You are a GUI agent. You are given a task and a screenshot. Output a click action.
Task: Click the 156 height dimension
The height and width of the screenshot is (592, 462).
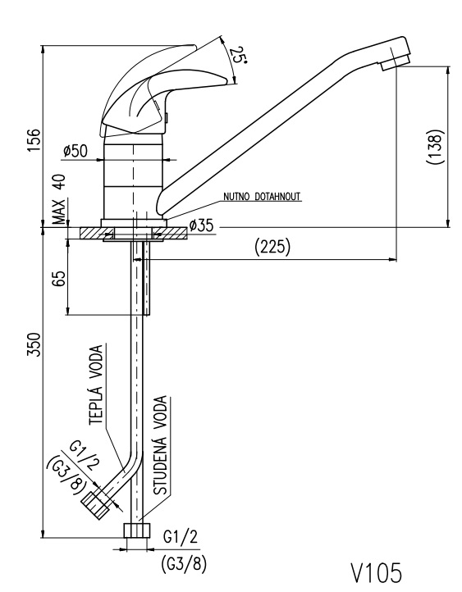[x=34, y=140]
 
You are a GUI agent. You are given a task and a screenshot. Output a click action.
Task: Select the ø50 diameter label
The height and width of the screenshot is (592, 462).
[x=75, y=151]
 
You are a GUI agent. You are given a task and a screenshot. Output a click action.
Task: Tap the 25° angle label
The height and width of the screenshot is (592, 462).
[x=239, y=55]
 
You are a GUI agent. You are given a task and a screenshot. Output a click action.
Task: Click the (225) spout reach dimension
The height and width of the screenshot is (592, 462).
[x=272, y=247]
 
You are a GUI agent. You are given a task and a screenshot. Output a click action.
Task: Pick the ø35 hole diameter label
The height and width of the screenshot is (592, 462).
[x=201, y=225]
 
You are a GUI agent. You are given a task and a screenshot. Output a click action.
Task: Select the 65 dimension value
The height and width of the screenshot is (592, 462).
[x=59, y=278]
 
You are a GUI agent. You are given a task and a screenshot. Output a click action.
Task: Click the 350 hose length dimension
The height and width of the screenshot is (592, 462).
[x=34, y=344]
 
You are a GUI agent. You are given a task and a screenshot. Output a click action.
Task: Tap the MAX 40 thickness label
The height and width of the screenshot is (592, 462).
[x=58, y=199]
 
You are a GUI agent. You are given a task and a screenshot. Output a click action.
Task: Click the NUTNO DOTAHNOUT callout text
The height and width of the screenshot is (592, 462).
[x=262, y=196]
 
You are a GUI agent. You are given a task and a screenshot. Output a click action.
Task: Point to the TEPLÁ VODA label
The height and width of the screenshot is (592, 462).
[x=96, y=385]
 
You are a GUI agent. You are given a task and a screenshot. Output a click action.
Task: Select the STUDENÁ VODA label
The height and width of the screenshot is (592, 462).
[x=160, y=445]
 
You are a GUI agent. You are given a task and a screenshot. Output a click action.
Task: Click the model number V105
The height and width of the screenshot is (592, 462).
[x=377, y=572]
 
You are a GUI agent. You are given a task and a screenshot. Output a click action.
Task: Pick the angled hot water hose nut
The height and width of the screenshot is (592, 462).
[x=95, y=506]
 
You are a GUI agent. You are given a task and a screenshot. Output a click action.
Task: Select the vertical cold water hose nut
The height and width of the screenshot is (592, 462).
[x=137, y=530]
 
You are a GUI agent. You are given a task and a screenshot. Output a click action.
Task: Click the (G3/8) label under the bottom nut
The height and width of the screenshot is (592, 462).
[x=184, y=565]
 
